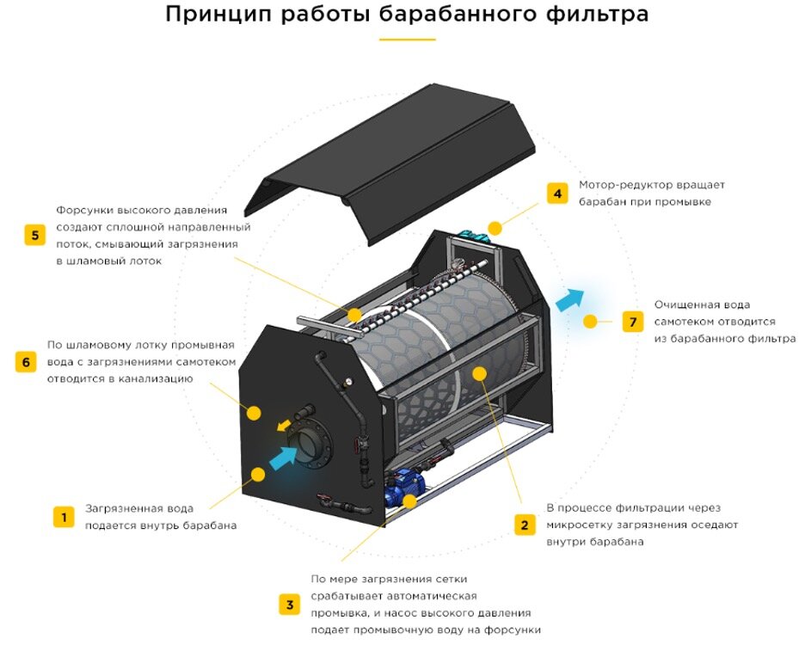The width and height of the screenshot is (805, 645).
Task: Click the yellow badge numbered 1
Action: (63, 517)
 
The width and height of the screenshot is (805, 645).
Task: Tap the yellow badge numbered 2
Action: (523, 525)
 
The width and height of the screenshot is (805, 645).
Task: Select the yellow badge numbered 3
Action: (289, 605)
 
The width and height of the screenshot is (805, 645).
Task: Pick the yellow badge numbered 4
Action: (557, 193)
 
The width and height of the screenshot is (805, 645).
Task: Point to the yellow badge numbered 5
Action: (34, 235)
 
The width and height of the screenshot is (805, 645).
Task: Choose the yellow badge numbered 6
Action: (26, 362)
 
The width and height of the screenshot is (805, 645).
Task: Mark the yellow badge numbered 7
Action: (633, 322)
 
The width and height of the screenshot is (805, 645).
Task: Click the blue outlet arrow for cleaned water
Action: (568, 299)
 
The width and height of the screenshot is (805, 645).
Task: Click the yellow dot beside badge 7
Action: (590, 322)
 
